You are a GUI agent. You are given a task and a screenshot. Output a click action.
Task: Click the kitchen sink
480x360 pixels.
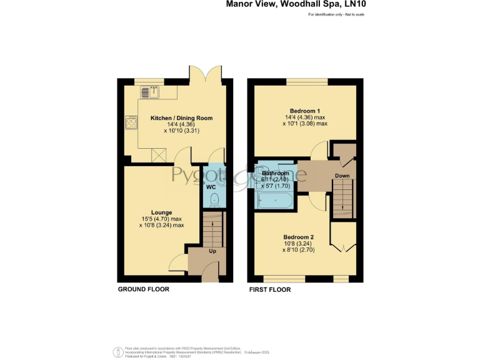pyautogui.click(x=149, y=92)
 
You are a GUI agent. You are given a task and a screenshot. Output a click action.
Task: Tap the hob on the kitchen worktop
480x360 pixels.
pyautogui.click(x=131, y=122)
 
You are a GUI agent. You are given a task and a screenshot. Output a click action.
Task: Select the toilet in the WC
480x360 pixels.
pyautogui.click(x=214, y=199)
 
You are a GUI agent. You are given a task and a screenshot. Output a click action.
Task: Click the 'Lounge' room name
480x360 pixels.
pyautogui.click(x=161, y=212)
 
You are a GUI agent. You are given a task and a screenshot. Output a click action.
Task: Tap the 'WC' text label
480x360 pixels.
pyautogui.click(x=211, y=186)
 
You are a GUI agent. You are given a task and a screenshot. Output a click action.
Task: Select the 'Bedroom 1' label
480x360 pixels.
pyautogui.click(x=304, y=110)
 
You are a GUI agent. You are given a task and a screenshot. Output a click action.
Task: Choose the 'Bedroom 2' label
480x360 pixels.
pyautogui.click(x=298, y=237)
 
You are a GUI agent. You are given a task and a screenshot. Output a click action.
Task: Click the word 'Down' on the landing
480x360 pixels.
pyautogui.click(x=342, y=176)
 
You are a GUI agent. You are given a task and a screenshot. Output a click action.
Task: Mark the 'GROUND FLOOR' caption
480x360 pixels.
pyautogui.click(x=143, y=289)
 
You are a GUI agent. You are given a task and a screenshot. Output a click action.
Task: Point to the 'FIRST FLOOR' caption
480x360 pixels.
pyautogui.click(x=270, y=289)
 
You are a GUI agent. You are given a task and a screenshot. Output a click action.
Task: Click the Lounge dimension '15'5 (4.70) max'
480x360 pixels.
pyautogui.click(x=161, y=219)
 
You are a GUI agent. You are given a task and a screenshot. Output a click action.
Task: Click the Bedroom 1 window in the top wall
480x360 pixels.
pyautogui.click(x=306, y=81)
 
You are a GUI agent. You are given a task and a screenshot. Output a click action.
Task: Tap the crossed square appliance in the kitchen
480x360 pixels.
pyautogui.click(x=159, y=153)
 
